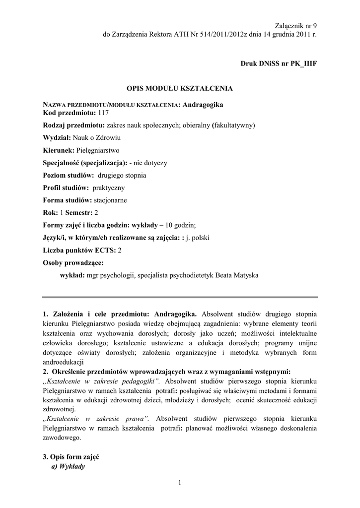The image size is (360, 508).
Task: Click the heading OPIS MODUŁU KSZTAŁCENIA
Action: pos(180,88)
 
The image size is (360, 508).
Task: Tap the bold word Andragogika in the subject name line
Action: pos(203,105)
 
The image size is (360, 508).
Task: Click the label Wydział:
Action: pos(57,137)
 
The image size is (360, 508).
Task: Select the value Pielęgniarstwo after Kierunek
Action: pos(98,150)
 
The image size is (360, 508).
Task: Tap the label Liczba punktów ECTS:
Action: pos(79,250)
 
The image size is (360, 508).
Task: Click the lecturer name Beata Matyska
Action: pos(236,275)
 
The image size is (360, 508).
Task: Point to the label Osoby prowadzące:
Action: pos(73,262)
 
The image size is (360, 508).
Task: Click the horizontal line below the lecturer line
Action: pos(180,297)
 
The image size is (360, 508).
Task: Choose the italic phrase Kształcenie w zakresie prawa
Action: pos(94,419)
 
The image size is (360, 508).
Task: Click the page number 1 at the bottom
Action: pos(180,483)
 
